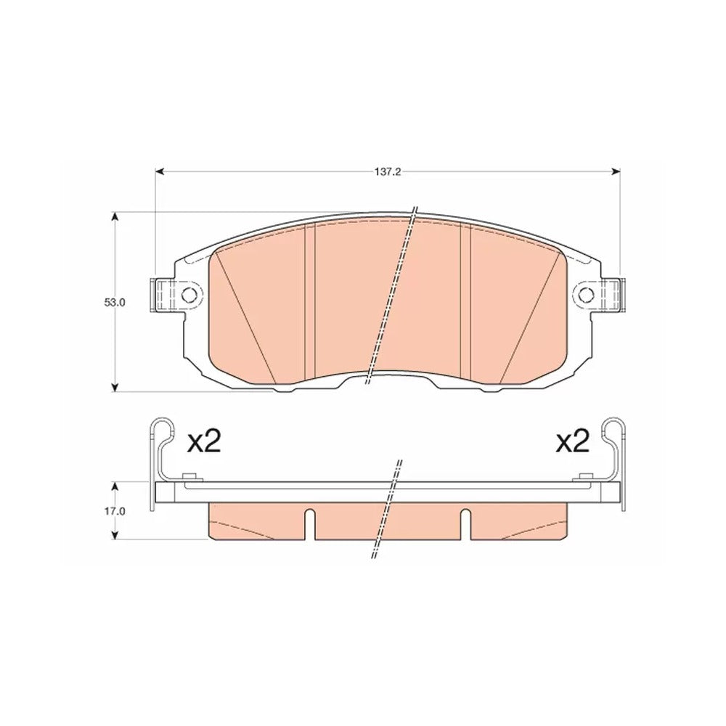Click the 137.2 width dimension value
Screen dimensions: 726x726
point(387,172)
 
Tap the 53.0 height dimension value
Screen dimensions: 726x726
point(115,302)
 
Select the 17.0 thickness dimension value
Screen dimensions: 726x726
point(115,511)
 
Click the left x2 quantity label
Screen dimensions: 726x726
point(204,442)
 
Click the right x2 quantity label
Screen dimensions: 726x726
point(573,442)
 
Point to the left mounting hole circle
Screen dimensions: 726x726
point(189,293)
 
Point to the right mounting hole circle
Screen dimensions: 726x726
point(586,293)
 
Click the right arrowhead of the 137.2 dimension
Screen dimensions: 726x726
point(616,172)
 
